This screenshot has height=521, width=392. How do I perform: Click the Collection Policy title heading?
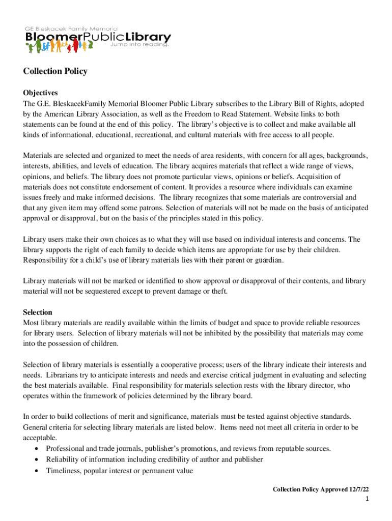(x=55, y=71)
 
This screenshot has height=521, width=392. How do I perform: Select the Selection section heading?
(x=38, y=312)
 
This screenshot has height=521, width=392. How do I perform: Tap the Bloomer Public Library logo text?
(x=98, y=38)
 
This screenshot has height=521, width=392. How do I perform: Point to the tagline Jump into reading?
(x=139, y=45)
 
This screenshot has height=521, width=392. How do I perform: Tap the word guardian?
(x=269, y=260)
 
